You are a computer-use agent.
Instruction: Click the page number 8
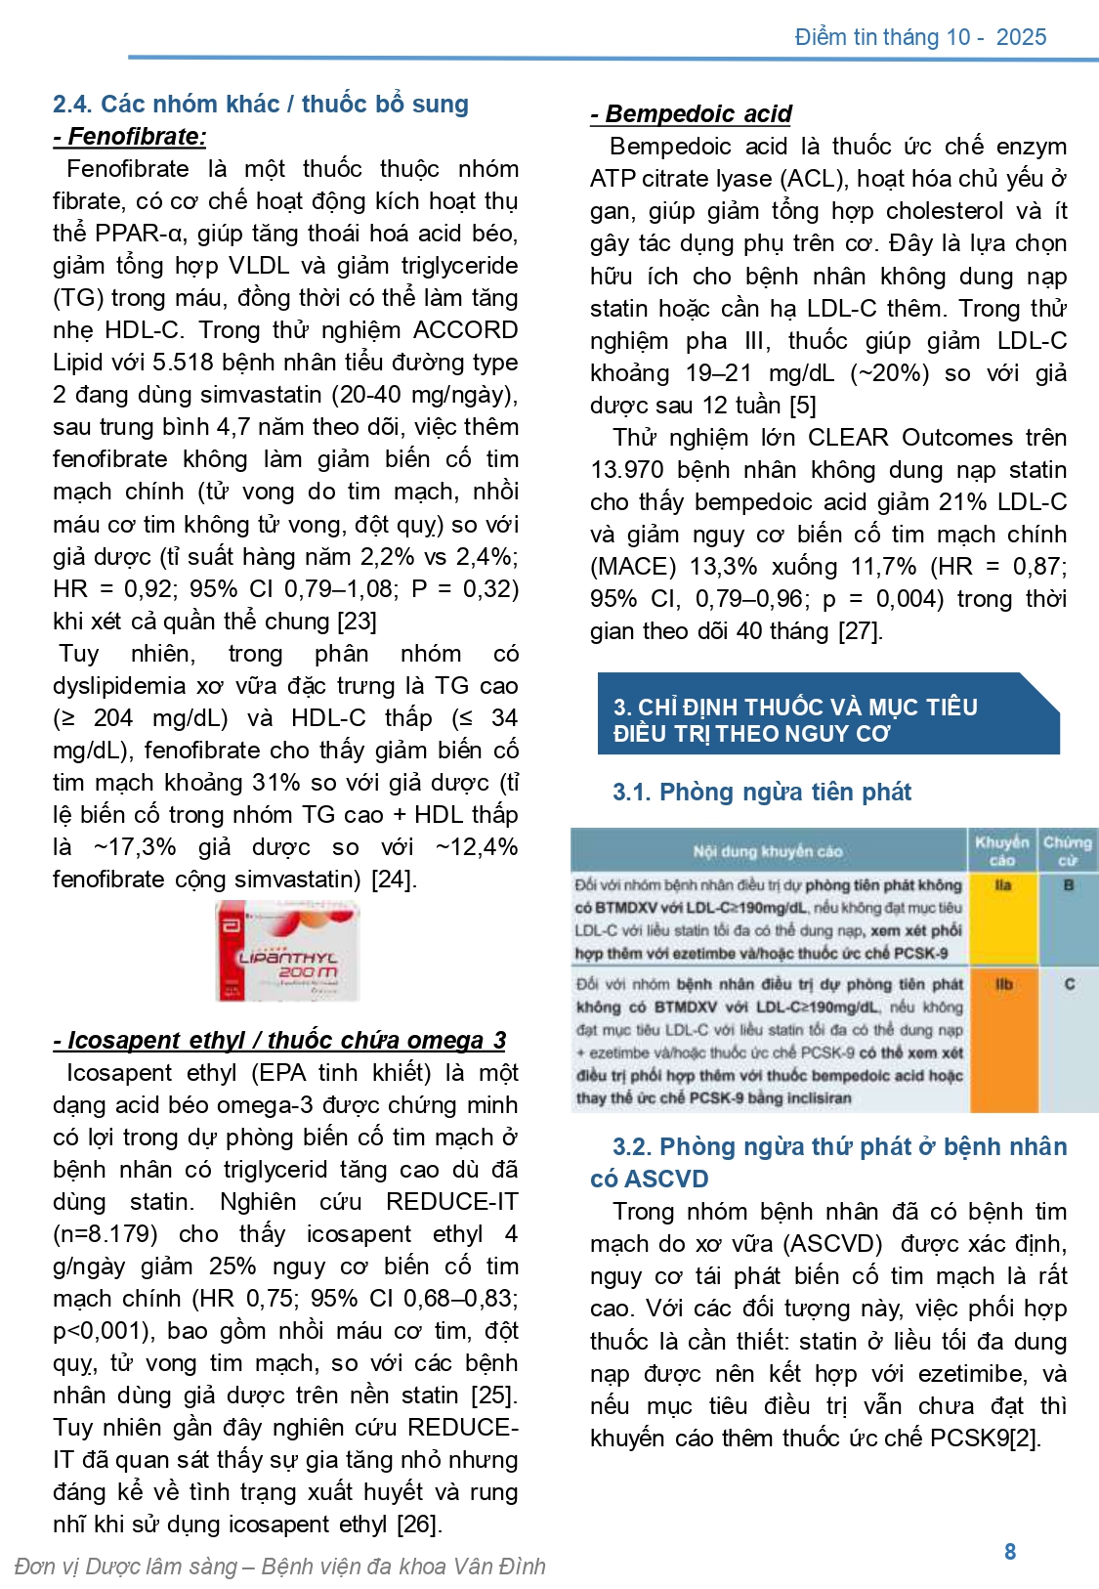[x=1010, y=1551]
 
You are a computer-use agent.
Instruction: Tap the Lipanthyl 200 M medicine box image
[x=287, y=951]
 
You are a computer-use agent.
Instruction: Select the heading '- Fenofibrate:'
[x=130, y=137]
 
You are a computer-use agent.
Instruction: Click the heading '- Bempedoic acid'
[x=692, y=114]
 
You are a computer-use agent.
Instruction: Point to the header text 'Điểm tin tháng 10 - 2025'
[x=920, y=37]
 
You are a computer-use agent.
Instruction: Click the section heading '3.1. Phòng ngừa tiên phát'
[x=761, y=792]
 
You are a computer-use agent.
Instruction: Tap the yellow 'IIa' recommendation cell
[x=1002, y=917]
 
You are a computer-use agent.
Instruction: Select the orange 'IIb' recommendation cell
[x=1002, y=1040]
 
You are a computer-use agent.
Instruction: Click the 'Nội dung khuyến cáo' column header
[x=768, y=851]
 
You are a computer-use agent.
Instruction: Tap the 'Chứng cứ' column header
[x=1067, y=850]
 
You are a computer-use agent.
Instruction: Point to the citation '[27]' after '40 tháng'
[x=861, y=631]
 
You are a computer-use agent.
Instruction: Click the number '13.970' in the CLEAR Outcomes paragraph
[x=627, y=470]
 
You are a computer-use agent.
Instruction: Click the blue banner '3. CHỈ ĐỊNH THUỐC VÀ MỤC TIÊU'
[x=795, y=707]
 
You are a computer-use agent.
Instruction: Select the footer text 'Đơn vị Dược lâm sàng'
[x=125, y=1567]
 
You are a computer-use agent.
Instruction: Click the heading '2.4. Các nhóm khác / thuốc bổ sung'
[x=261, y=104]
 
